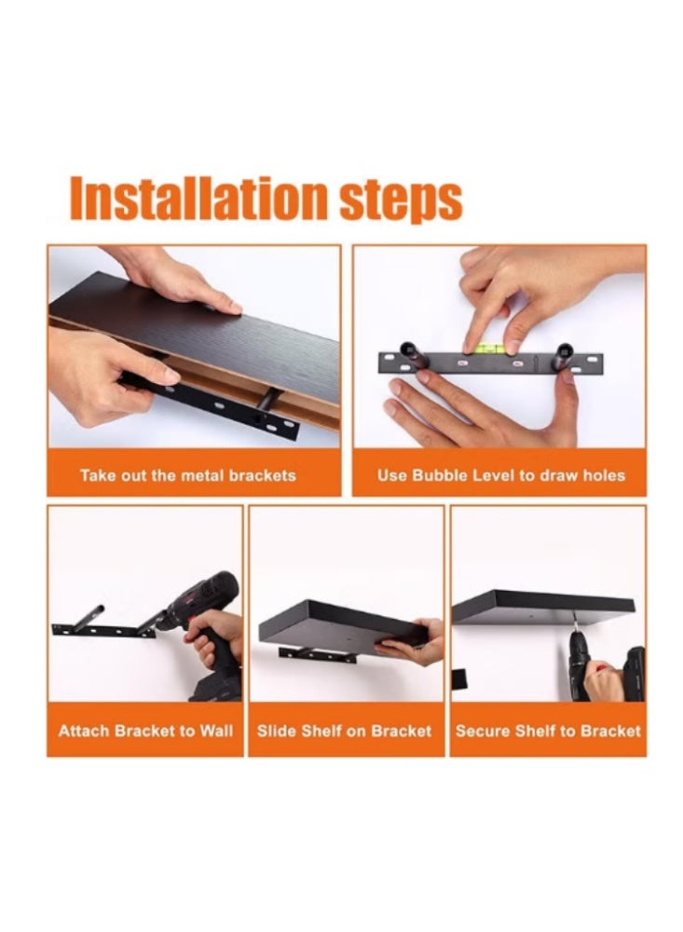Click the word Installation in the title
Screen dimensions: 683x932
[x=198, y=198]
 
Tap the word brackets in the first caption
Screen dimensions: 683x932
[x=262, y=475]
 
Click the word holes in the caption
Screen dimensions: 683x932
[x=604, y=475]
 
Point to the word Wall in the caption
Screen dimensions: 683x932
[x=216, y=731]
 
